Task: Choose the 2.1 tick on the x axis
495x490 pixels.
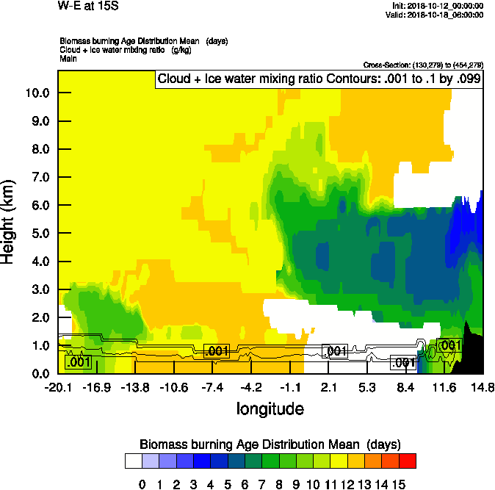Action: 328,387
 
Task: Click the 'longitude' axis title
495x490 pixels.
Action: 270,408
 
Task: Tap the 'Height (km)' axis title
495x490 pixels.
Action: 10,221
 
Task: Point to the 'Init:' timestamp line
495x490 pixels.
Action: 438,6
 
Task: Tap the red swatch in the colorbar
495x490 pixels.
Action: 408,461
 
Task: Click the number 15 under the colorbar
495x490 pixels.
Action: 399,483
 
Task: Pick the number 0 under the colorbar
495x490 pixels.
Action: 142,483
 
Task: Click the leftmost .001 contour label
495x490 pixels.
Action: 78,361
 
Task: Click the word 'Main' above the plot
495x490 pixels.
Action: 68,57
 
